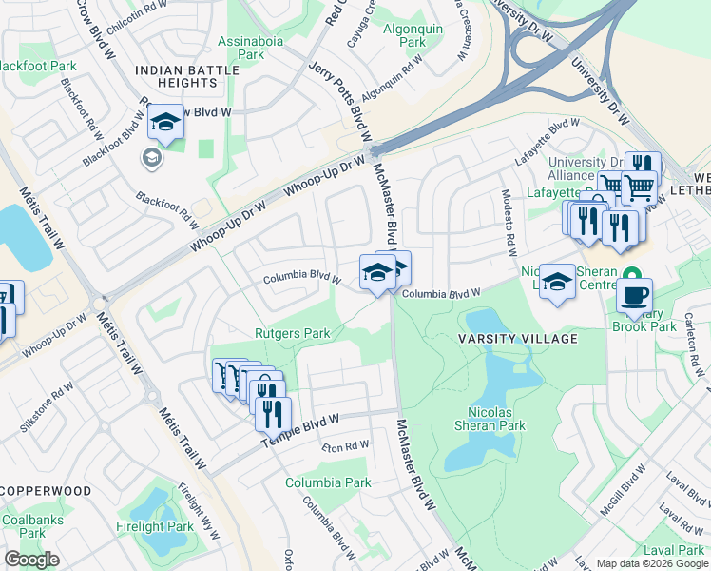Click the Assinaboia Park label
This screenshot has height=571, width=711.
click(240, 48)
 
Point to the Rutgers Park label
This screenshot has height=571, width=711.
click(292, 333)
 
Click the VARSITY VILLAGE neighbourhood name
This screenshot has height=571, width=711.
click(530, 339)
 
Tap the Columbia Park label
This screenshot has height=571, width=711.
click(328, 482)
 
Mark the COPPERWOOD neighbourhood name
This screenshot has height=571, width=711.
click(46, 491)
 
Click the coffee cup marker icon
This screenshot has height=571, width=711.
click(634, 294)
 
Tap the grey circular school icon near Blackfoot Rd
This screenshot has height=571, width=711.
click(152, 158)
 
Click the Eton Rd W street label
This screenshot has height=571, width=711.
click(344, 445)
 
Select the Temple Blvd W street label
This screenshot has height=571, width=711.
click(302, 425)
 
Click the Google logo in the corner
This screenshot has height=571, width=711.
click(31, 560)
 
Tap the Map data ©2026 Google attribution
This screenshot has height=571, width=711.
click(652, 563)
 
